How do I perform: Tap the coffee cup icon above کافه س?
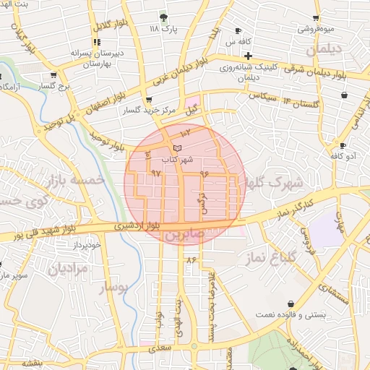238,31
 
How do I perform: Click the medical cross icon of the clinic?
248,56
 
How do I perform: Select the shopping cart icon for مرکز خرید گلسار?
149,100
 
